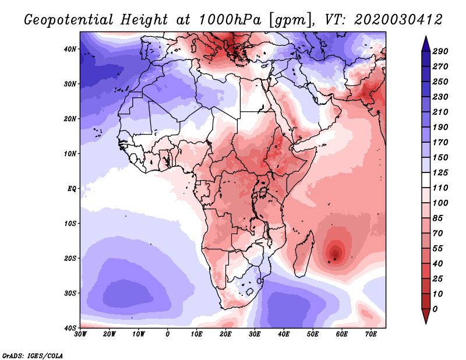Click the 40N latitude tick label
click(x=70, y=49)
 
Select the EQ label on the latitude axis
click(x=72, y=189)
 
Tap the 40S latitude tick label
click(x=70, y=328)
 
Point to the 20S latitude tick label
click(x=70, y=258)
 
